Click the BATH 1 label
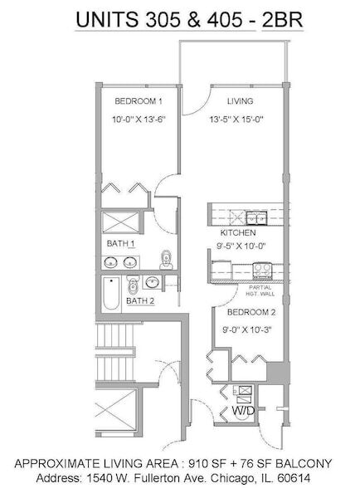click(119, 243)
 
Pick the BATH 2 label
click(139, 300)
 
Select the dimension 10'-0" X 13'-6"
click(139, 120)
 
